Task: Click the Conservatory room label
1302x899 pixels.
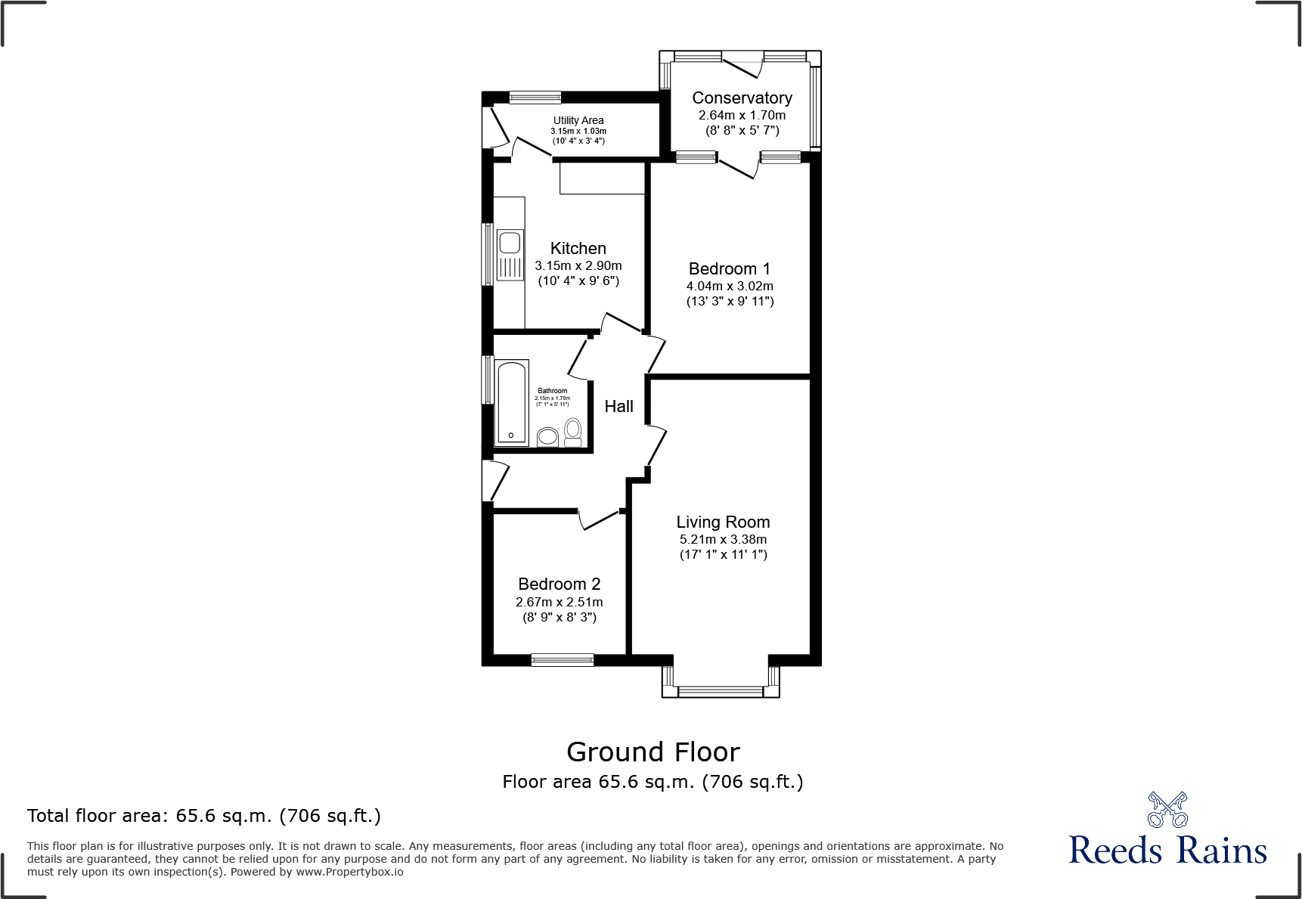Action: pyautogui.click(x=742, y=98)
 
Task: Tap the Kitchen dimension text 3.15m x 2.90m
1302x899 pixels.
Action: pyautogui.click(x=578, y=266)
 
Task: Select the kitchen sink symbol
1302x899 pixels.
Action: pyautogui.click(x=510, y=255)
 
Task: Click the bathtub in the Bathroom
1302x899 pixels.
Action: pyautogui.click(x=512, y=403)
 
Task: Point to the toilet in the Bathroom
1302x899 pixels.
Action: pyautogui.click(x=573, y=432)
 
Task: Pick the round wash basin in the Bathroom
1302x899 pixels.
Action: pyautogui.click(x=547, y=437)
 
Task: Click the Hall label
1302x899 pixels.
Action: pyautogui.click(x=618, y=407)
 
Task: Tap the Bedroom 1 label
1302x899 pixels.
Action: pyautogui.click(x=729, y=269)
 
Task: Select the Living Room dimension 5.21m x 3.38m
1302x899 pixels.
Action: pyautogui.click(x=723, y=540)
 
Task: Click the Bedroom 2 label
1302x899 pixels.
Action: pyautogui.click(x=559, y=584)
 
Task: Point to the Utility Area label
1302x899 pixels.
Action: pyautogui.click(x=578, y=120)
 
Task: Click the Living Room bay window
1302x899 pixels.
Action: pyautogui.click(x=721, y=690)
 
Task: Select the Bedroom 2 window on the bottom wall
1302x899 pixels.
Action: pyautogui.click(x=563, y=660)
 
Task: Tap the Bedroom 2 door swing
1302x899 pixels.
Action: pyautogui.click(x=600, y=520)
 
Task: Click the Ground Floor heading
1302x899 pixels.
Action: pyautogui.click(x=653, y=752)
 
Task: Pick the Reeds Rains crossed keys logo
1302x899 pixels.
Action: pyautogui.click(x=1167, y=810)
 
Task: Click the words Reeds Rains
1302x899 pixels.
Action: pyautogui.click(x=1167, y=851)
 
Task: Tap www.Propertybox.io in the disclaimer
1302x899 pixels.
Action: pyautogui.click(x=349, y=872)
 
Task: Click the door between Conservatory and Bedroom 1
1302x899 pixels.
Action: pyautogui.click(x=736, y=169)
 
